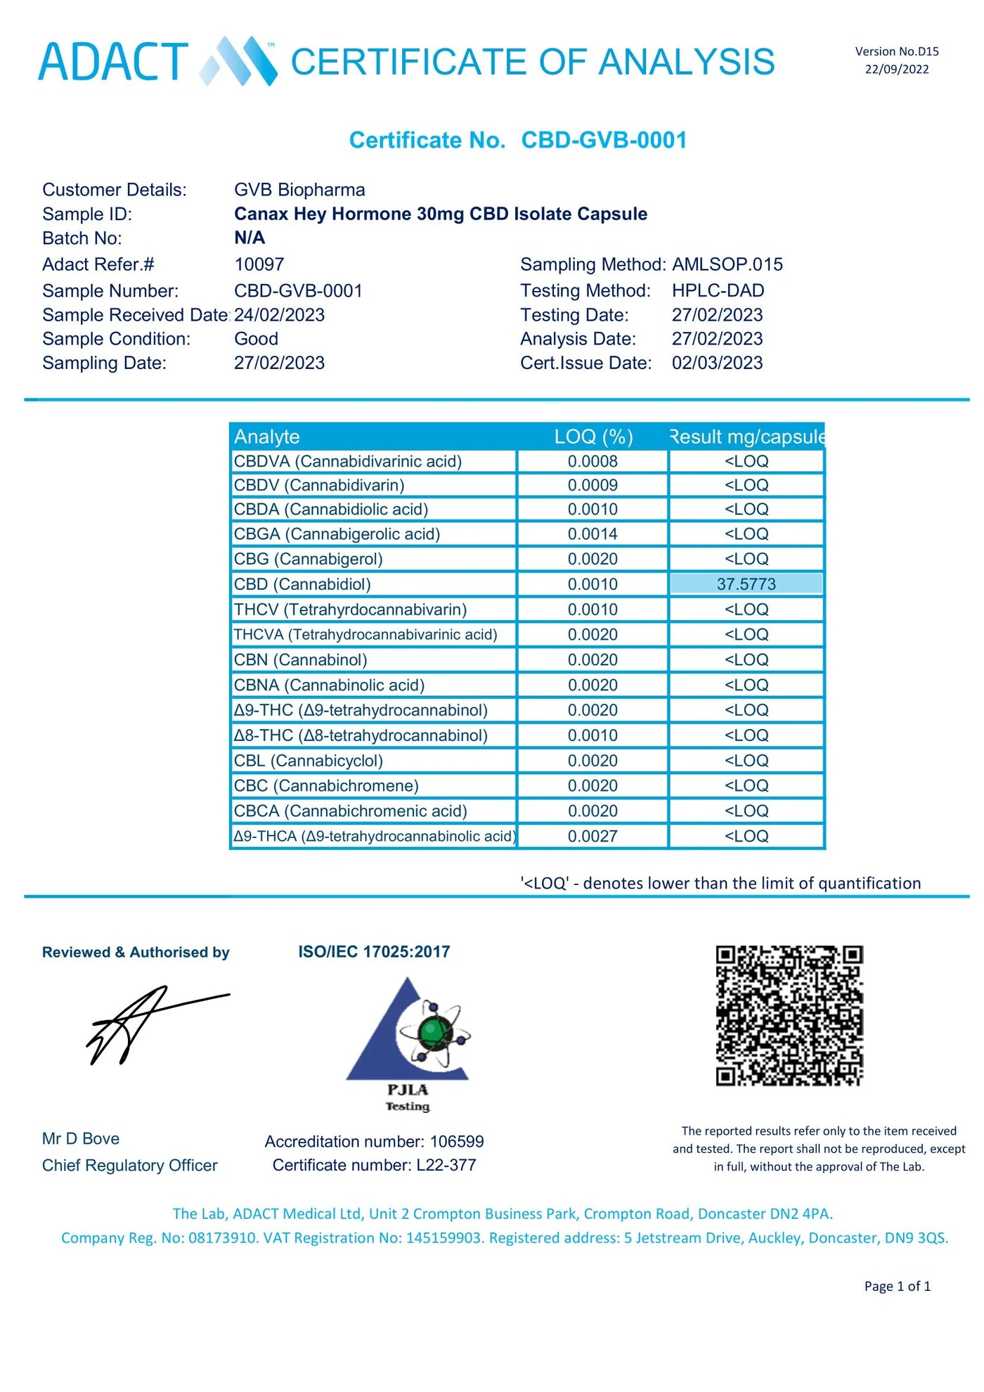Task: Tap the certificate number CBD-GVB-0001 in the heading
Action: (604, 140)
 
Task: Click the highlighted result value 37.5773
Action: (746, 584)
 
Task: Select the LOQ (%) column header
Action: (593, 437)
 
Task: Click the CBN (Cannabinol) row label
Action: (301, 659)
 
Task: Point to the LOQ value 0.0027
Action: (593, 836)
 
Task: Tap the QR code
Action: (789, 1015)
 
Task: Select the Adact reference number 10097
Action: (259, 264)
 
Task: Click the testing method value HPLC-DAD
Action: (718, 290)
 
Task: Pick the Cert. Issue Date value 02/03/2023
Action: (717, 363)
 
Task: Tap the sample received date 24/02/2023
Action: (280, 315)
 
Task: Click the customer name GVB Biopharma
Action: (299, 190)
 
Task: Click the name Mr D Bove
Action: (81, 1138)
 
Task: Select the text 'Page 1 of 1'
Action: (897, 1286)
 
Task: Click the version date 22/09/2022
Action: (896, 69)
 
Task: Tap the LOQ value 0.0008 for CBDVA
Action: (593, 461)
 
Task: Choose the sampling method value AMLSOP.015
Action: (727, 264)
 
